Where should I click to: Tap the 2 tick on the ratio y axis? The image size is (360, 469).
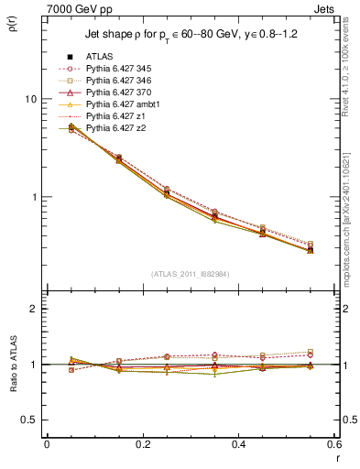click(x=34, y=309)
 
